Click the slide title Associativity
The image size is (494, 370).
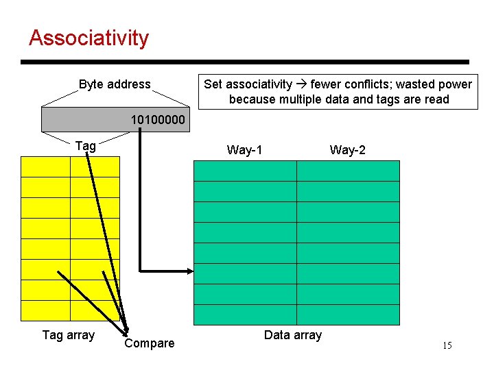pyautogui.click(x=89, y=38)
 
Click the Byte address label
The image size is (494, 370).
pyautogui.click(x=115, y=84)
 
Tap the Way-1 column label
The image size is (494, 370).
pyautogui.click(x=244, y=150)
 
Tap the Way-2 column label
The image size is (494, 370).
pyautogui.click(x=347, y=150)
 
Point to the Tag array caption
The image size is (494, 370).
pyautogui.click(x=68, y=335)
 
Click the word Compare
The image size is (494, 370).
pyautogui.click(x=149, y=343)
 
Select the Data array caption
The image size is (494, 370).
pyautogui.click(x=292, y=335)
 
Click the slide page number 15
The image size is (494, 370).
pyautogui.click(x=447, y=346)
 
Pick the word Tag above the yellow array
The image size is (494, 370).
pyautogui.click(x=85, y=145)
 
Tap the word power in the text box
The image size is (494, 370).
pyautogui.click(x=456, y=84)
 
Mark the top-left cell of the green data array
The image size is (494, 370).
pyautogui.click(x=245, y=171)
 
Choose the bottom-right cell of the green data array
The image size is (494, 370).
pyautogui.click(x=348, y=314)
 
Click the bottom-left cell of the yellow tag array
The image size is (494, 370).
pyautogui.click(x=45, y=310)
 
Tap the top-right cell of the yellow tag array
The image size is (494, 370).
pyautogui.click(x=95, y=166)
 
